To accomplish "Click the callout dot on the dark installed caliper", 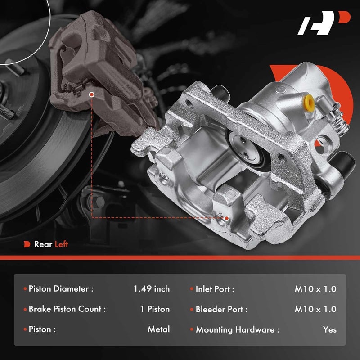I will click(92, 95).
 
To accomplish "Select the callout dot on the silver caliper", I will click(226, 218).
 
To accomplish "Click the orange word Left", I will click(61, 244).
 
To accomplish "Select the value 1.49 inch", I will click(152, 289).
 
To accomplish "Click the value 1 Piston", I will click(155, 309).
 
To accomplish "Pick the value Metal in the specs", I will click(158, 329).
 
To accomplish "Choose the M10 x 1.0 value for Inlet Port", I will click(315, 289).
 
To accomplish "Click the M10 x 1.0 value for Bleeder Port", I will click(315, 309).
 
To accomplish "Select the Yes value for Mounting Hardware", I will click(329, 329).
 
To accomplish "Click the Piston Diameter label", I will click(61, 289).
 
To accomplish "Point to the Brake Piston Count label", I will click(67, 309).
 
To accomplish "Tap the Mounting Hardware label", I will click(237, 329).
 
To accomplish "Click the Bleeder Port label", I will click(221, 309).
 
